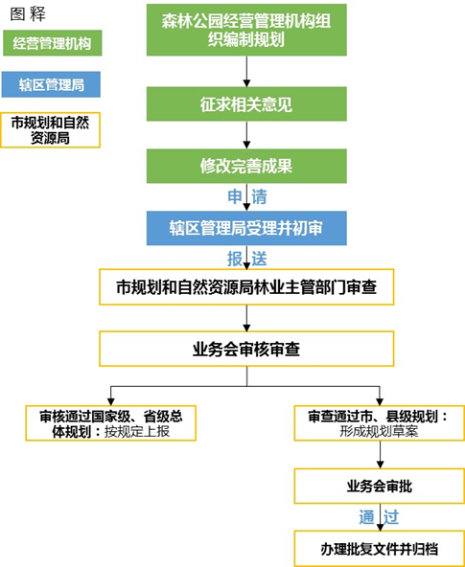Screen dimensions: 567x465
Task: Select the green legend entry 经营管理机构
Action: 52,43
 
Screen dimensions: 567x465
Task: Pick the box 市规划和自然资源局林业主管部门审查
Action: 246,286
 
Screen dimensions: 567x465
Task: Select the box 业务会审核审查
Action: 246,350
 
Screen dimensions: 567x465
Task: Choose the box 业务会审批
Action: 379,486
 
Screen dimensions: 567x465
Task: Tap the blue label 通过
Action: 379,517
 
